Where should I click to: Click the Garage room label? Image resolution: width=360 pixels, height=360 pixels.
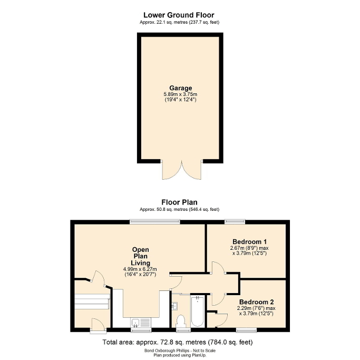coord(180,89)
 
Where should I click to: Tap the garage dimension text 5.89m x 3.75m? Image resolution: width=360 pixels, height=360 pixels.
coord(180,94)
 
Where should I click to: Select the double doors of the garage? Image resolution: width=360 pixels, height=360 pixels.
coord(180,170)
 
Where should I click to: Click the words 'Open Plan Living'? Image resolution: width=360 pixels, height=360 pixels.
coord(141,256)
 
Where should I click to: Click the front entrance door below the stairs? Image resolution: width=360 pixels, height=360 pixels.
coord(97,326)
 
